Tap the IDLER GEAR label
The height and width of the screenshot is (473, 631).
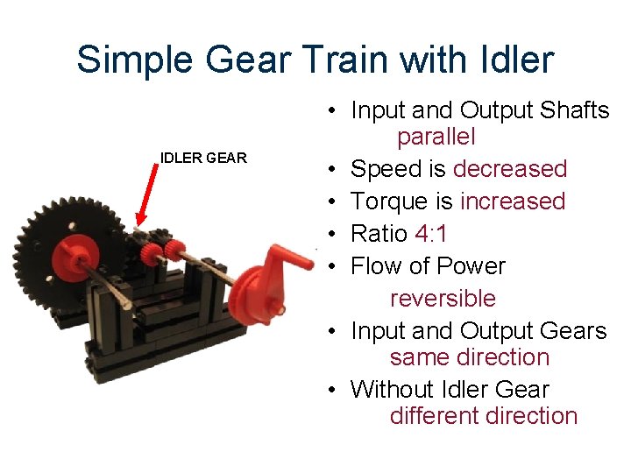coord(203,158)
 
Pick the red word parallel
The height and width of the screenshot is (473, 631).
coord(436,137)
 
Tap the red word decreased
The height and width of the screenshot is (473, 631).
coord(510,168)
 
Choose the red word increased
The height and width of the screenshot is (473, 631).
coord(513,201)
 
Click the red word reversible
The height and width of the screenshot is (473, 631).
coord(443,298)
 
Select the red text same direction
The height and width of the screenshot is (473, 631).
coord(470,357)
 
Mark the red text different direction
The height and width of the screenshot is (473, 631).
coord(484,415)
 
